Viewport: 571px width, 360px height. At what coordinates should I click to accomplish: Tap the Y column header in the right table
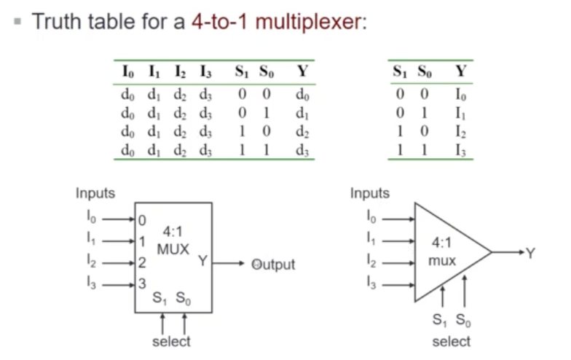[460, 71]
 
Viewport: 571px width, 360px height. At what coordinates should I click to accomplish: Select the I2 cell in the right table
[460, 132]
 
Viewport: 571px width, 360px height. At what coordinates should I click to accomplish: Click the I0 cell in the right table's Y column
[460, 94]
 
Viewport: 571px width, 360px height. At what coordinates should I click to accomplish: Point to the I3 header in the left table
[206, 71]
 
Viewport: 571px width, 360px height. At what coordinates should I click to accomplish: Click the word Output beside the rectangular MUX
[273, 265]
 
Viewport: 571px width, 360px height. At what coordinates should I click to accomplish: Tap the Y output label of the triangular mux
[530, 253]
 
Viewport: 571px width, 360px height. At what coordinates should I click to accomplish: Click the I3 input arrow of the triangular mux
[397, 284]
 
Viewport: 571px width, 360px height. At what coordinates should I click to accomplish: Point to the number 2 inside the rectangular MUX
[142, 263]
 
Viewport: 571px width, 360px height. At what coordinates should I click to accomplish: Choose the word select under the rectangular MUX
[171, 341]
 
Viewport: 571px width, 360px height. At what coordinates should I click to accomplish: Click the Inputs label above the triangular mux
[370, 193]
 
